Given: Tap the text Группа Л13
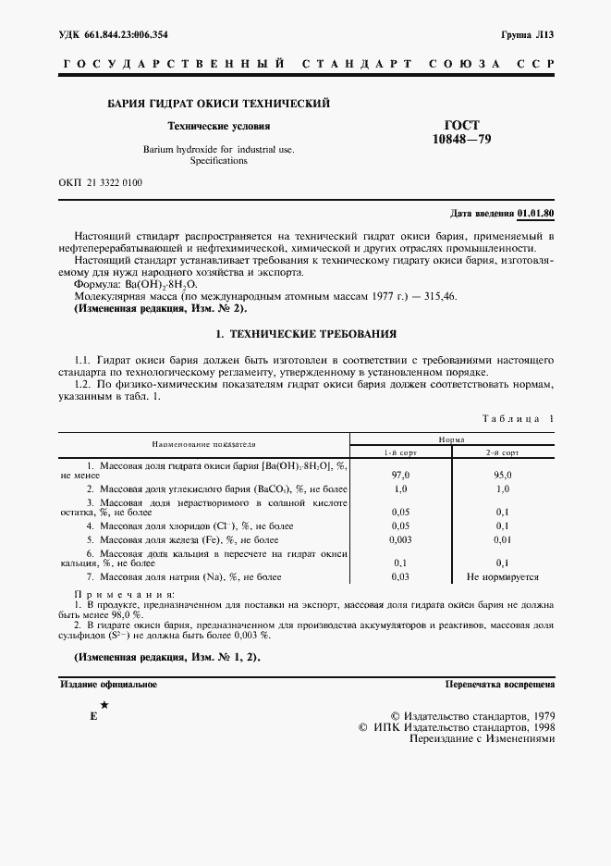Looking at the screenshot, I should point(527,34).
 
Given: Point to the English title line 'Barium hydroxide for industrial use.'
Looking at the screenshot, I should point(218,149).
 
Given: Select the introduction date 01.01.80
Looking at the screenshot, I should point(536,214).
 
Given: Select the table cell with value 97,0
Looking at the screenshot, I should point(400,474).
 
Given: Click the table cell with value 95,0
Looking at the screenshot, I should point(502,474).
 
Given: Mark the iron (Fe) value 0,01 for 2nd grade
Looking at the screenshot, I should point(502,538).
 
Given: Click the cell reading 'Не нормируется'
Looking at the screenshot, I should point(502,576).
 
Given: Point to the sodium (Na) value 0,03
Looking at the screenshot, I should point(400,576).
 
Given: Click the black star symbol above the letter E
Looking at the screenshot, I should point(104,705).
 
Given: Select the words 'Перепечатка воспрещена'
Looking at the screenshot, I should point(499,685).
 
